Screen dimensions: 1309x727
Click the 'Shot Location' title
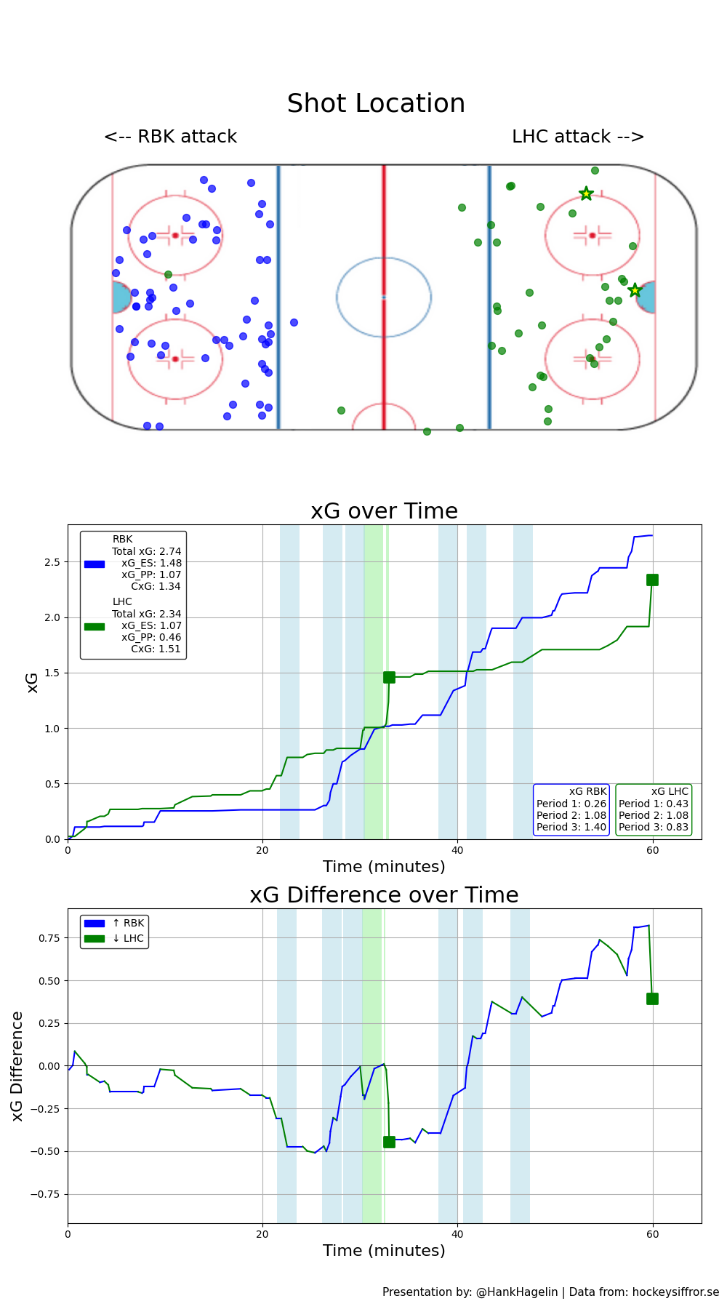tap(376, 104)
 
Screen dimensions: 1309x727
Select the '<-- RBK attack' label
tap(170, 137)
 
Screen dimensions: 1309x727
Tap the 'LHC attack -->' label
tap(578, 137)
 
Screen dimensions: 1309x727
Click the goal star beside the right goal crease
tap(635, 290)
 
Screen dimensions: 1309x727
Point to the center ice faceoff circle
tap(384, 297)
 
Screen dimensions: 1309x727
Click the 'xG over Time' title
tap(384, 511)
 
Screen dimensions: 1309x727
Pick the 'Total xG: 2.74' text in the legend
tap(146, 552)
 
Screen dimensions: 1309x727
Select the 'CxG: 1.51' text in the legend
tap(156, 649)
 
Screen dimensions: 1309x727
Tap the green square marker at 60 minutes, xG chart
tap(652, 580)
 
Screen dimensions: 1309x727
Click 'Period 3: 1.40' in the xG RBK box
tap(571, 827)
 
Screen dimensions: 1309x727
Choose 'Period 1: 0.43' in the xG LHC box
tap(654, 804)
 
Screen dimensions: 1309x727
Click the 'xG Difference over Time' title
tap(384, 895)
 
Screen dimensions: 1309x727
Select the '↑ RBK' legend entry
tap(128, 924)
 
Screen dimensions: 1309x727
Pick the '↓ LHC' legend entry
tap(128, 938)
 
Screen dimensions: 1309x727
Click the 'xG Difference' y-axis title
tap(17, 1065)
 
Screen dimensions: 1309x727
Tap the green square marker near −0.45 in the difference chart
tap(389, 1142)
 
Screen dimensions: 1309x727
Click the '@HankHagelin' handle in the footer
tap(517, 1292)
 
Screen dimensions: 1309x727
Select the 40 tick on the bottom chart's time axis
tap(457, 1233)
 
